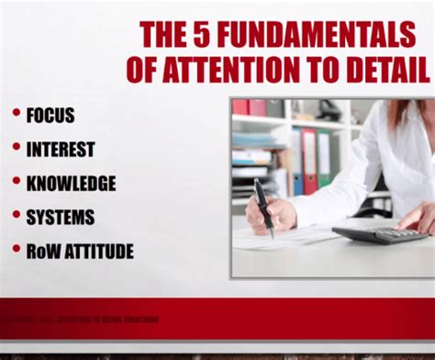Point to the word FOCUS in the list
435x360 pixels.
(x=50, y=116)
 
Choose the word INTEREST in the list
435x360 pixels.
(x=61, y=149)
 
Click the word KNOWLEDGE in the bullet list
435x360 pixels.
(x=72, y=183)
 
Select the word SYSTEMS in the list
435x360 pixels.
(x=61, y=217)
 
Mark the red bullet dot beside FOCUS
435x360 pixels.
(x=16, y=113)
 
